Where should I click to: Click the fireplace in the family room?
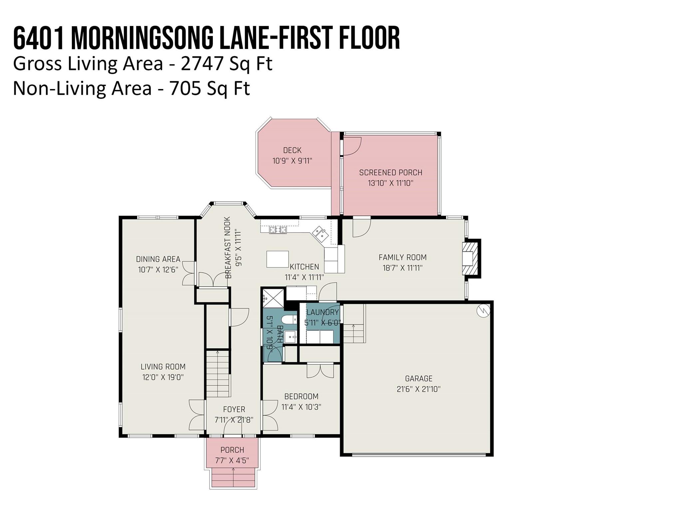point(471,258)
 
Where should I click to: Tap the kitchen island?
point(277,259)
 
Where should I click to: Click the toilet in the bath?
point(289,319)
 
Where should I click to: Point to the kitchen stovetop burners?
point(278,230)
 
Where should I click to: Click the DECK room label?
point(292,150)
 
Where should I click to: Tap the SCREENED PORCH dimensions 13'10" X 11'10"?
point(391,183)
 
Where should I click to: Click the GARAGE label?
point(419,378)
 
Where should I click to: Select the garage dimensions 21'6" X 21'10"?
point(419,389)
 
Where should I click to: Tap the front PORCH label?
point(232,450)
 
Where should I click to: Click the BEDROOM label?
point(301,396)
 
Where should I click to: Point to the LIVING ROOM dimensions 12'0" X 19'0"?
point(163,377)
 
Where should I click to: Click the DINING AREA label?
point(158,259)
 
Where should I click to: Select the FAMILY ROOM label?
point(403,257)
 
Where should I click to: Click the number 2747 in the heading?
point(202,64)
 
